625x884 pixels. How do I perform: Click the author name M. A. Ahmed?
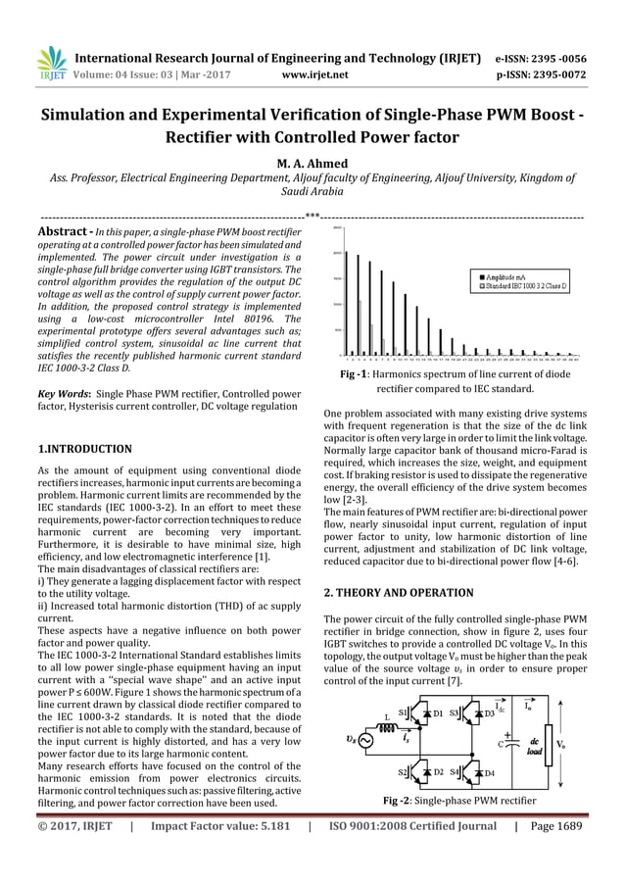[x=312, y=163]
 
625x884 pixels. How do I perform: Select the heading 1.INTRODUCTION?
[x=84, y=449]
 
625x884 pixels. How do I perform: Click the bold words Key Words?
[x=61, y=393]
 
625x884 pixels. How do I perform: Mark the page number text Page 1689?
[x=554, y=825]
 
